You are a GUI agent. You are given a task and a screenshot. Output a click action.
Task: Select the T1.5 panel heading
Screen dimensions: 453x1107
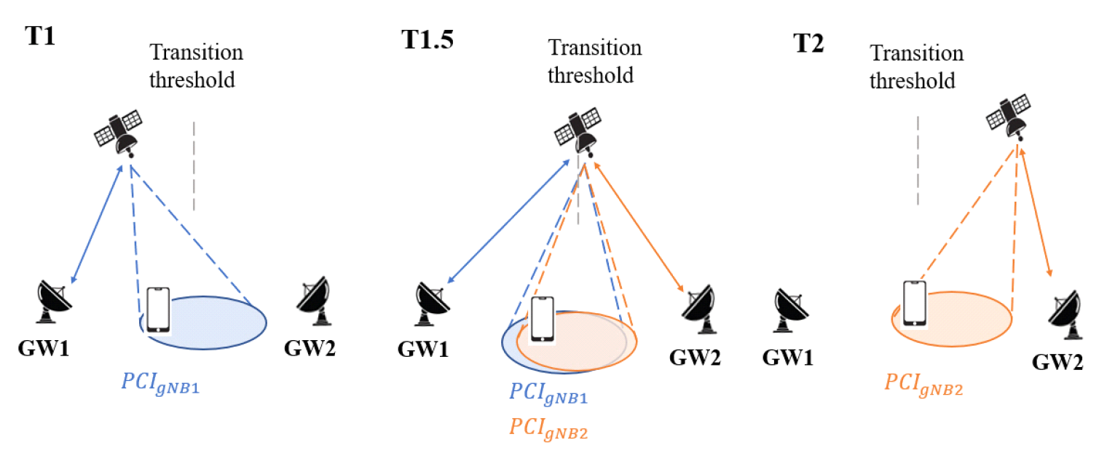(428, 39)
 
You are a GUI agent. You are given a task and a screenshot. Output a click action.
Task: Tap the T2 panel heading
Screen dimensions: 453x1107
(808, 44)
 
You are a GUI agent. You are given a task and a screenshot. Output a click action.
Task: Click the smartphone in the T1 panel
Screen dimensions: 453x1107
(158, 310)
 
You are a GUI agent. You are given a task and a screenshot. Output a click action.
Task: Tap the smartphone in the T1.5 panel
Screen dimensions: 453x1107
(540, 319)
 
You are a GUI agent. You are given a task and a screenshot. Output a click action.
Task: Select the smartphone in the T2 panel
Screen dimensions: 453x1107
(915, 303)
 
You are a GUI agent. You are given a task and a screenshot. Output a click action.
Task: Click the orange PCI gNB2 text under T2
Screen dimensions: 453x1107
(923, 384)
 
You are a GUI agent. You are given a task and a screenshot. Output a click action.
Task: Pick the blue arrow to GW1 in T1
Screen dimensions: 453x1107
(98, 226)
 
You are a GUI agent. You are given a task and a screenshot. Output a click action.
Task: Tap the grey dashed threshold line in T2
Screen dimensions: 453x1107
(918, 160)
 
